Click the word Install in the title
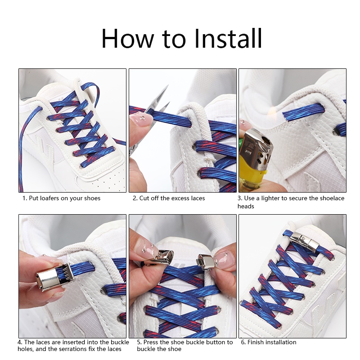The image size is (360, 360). pyautogui.click(x=228, y=38)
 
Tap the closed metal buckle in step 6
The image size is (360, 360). pyautogui.click(x=303, y=241)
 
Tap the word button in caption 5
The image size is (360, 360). pyautogui.click(x=216, y=342)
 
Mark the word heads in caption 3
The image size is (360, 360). pyautogui.click(x=246, y=206)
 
